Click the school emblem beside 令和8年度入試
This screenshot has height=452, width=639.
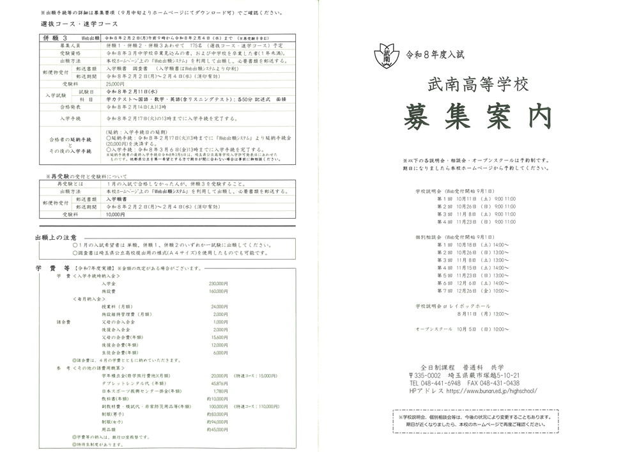(387, 54)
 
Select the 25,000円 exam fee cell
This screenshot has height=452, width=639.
(116, 84)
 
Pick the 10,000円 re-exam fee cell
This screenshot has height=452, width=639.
(116, 215)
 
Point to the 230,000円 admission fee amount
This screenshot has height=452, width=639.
(218, 283)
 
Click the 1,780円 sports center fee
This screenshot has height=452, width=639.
(220, 391)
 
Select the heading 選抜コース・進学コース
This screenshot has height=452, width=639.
(72, 23)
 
